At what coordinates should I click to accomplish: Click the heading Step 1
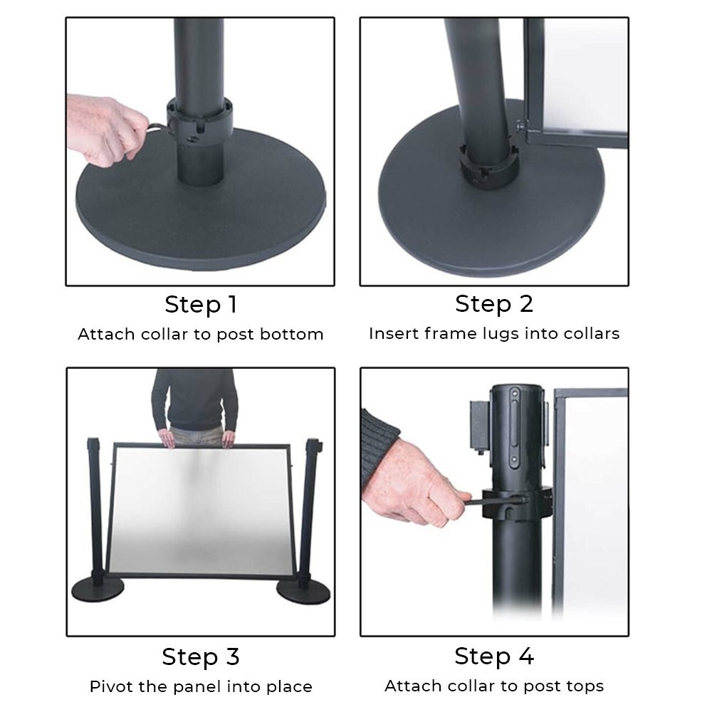tap(201, 304)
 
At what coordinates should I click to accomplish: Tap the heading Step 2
tap(494, 304)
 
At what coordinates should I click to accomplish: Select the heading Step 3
tap(201, 656)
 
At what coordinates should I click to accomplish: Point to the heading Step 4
tap(494, 656)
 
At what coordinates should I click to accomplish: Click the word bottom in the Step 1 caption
tap(291, 334)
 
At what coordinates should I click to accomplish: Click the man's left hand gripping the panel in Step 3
tap(229, 439)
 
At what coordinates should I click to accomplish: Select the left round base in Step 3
tap(98, 590)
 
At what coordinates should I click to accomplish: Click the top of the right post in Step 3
tap(314, 443)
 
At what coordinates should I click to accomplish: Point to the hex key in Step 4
tap(495, 502)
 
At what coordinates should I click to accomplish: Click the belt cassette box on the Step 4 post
tap(479, 426)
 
